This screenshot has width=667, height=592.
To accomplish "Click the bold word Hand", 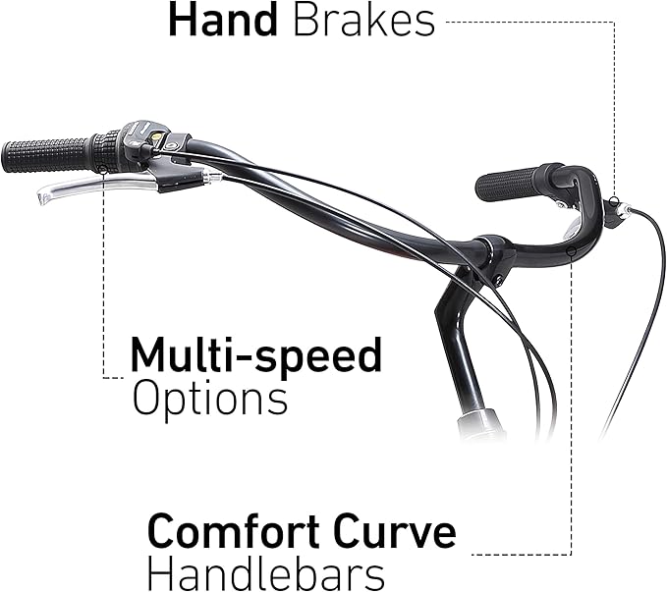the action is pyautogui.click(x=223, y=21).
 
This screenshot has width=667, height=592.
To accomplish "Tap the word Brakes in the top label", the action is pyautogui.click(x=364, y=21).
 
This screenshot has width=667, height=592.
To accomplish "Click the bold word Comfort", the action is pyautogui.click(x=234, y=532).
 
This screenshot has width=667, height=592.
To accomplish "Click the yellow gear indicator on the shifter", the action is pyautogui.click(x=157, y=135).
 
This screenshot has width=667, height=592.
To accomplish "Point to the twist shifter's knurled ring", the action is pyautogui.click(x=105, y=151).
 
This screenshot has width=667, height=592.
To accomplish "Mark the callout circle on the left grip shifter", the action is pyautogui.click(x=102, y=170).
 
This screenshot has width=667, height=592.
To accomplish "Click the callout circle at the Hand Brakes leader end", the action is pyautogui.click(x=613, y=201).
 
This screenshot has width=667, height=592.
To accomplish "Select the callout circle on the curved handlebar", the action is pyautogui.click(x=572, y=251).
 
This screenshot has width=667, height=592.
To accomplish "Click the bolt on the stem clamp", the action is pyautogui.click(x=498, y=279).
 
